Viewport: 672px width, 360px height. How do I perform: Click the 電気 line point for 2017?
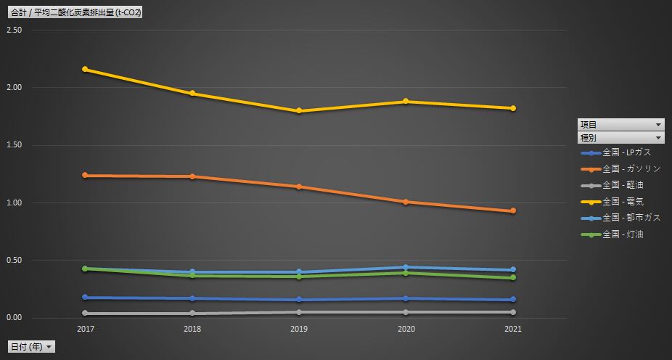point(85,69)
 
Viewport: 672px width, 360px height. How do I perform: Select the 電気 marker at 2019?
point(299,111)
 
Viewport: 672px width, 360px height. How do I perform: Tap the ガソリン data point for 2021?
point(513,211)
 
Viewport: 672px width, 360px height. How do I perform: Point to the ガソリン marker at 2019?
point(299,187)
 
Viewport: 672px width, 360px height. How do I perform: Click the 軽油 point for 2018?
point(192,314)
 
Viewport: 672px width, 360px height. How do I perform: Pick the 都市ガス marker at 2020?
point(406,267)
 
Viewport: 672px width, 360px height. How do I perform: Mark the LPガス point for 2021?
point(513,300)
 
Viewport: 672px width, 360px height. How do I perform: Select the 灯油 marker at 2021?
point(513,278)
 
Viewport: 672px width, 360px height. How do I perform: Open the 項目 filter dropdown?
point(620,124)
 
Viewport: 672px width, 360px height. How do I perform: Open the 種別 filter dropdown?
point(620,137)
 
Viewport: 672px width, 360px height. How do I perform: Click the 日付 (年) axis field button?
point(31,347)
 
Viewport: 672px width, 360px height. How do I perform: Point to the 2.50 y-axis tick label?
point(14,30)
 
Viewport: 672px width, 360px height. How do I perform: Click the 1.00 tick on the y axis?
point(14,203)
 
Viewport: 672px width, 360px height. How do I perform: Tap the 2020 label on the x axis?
point(406,330)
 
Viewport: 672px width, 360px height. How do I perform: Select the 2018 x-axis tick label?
point(192,330)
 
